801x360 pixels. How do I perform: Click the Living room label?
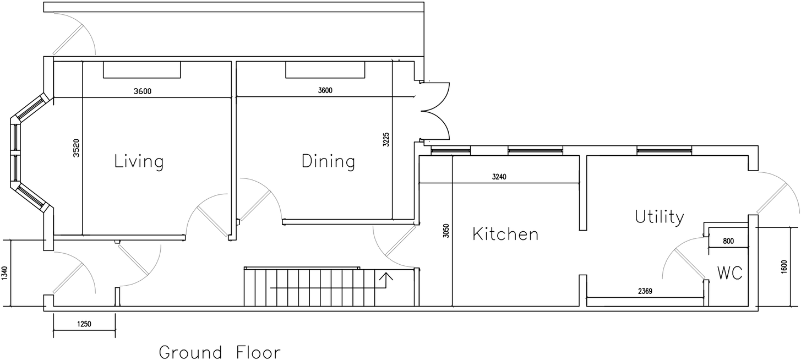tap(139, 162)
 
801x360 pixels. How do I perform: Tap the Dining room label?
tap(328, 162)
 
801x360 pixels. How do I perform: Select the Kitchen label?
tap(505, 234)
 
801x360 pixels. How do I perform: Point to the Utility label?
tap(659, 217)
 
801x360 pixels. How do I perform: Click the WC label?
tap(730, 272)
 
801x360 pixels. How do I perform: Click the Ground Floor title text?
tap(220, 352)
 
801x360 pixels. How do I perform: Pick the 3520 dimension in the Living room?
tap(77, 148)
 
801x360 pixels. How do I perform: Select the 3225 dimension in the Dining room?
tap(386, 139)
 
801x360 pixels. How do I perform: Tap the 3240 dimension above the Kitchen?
tap(499, 177)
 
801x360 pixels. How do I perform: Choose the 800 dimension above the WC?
tap(728, 241)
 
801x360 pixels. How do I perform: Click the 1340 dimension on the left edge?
tap(5, 273)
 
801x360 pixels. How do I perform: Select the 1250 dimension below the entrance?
tap(84, 324)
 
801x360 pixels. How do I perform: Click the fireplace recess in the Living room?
tap(142, 70)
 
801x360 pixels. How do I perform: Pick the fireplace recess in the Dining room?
tap(325, 70)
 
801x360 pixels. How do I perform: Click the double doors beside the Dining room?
tap(436, 110)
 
